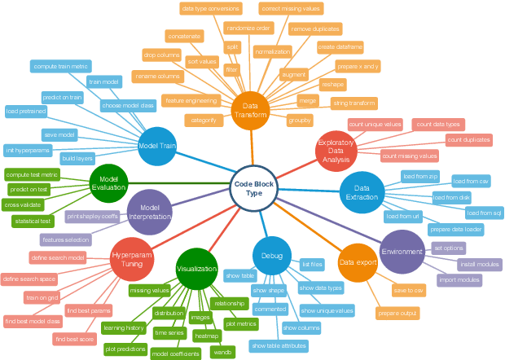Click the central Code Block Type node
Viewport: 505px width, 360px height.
(254, 187)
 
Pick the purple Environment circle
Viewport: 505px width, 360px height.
(402, 252)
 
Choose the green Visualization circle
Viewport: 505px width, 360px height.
(196, 269)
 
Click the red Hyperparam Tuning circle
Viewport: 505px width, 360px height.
(132, 260)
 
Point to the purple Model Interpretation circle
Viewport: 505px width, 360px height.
(150, 212)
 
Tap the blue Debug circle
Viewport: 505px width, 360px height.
(272, 256)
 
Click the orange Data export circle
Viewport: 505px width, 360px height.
(358, 263)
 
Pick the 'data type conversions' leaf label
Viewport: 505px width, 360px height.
(211, 9)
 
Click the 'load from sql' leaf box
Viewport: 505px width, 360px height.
(484, 213)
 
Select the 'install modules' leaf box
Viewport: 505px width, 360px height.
(479, 265)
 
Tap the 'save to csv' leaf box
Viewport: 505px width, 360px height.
(409, 290)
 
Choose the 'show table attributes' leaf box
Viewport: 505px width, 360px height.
(279, 346)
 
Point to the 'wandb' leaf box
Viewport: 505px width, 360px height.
(222, 352)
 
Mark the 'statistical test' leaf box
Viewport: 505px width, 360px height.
(33, 221)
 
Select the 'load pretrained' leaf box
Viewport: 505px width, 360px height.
(25, 111)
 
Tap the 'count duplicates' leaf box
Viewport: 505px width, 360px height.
(469, 140)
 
